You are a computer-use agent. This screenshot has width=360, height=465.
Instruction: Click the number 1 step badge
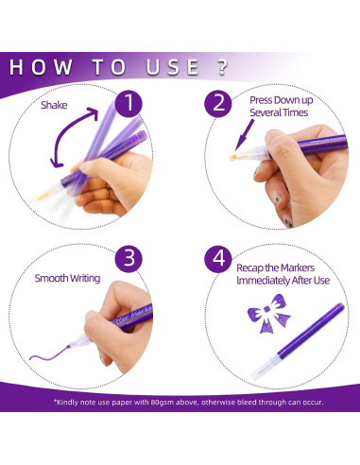coord(129,103)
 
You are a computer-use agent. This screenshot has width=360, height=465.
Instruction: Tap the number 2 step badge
coord(218,103)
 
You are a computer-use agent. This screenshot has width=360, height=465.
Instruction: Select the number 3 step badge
coord(129,258)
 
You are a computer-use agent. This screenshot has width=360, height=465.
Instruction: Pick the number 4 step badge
coord(218,259)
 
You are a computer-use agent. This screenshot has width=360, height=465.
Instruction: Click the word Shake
coord(54,105)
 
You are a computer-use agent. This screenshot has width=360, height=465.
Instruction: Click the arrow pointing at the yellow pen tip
coord(245,135)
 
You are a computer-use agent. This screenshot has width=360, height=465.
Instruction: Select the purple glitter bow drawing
coord(268,314)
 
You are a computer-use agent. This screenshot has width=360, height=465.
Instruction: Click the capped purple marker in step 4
coord(298,341)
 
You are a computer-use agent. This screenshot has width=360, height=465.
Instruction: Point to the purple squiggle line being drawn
coord(49,353)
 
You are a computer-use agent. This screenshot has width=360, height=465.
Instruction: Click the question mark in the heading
coord(223,67)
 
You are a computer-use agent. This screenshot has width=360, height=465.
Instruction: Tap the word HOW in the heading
coord(41,67)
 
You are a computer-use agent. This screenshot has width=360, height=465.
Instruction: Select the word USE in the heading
coord(173,67)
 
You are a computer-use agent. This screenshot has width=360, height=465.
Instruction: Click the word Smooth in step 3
coord(51,278)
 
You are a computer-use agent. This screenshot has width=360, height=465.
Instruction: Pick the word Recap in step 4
coord(249,268)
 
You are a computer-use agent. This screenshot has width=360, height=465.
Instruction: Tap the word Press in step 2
coord(261,100)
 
